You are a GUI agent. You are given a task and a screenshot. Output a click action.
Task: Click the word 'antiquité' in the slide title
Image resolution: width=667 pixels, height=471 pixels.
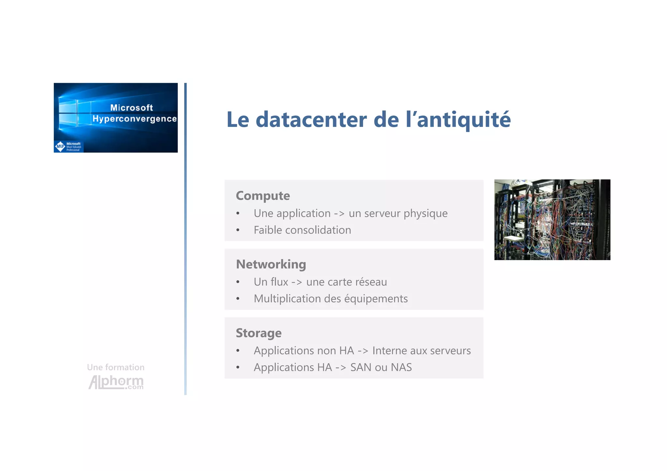point(464,119)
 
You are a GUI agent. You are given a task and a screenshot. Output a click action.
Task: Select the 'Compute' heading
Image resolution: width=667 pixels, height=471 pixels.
point(263,196)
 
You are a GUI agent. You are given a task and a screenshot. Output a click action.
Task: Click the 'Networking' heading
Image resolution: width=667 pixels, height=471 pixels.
point(271,264)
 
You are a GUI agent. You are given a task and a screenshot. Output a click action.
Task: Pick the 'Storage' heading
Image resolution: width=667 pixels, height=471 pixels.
point(259,333)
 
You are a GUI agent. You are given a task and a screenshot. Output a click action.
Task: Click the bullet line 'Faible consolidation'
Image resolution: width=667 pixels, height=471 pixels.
point(302,230)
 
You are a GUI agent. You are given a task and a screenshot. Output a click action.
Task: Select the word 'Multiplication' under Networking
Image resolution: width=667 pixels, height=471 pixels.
point(283,299)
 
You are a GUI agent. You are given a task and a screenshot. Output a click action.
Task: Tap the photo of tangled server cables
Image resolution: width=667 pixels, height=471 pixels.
point(552,220)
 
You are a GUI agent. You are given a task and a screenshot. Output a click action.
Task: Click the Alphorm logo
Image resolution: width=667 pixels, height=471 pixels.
point(116,382)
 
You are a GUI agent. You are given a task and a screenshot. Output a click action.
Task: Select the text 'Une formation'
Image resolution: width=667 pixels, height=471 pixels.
point(116,367)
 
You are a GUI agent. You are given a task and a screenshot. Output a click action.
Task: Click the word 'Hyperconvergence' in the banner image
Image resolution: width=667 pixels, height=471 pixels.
point(135,119)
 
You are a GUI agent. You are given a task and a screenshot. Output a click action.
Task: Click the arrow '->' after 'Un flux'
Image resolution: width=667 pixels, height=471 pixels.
point(297,282)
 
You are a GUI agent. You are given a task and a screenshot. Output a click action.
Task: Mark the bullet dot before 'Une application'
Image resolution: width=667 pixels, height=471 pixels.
point(238,214)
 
